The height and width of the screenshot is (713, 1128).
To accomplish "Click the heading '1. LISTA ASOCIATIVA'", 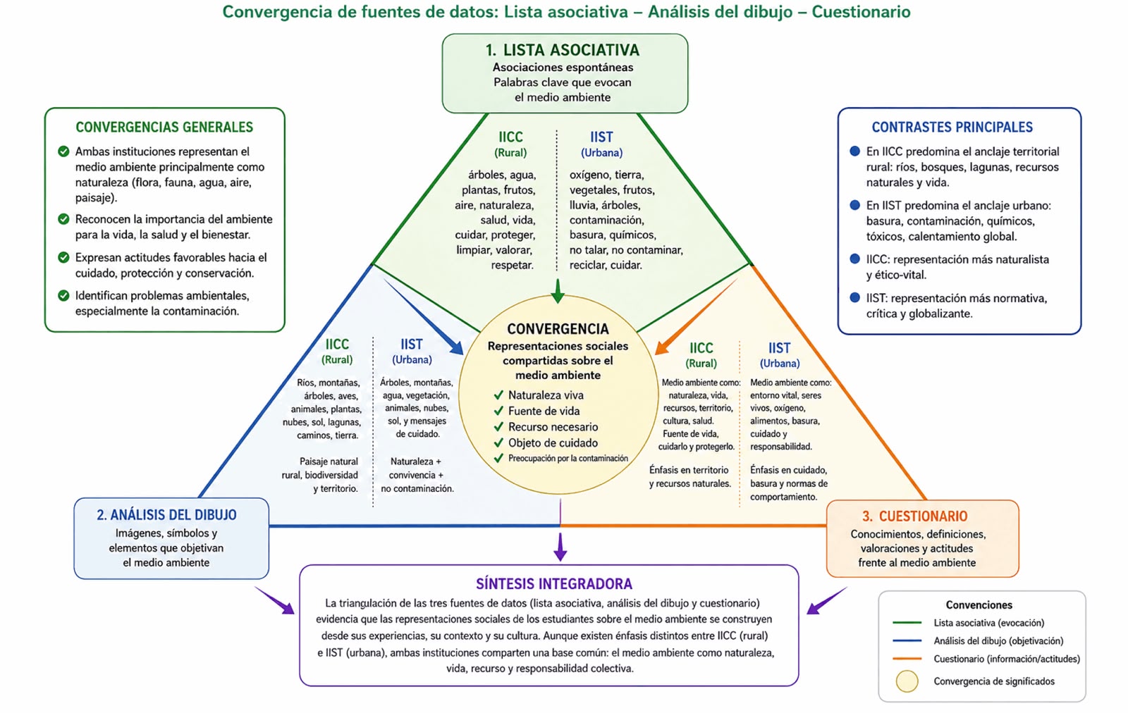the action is tap(562, 50).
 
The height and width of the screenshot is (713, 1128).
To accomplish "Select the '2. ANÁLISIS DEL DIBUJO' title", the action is tap(166, 515).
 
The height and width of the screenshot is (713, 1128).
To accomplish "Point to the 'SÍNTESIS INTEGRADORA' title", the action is tap(554, 583).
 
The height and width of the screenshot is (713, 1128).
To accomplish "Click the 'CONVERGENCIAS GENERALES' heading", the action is tap(164, 127).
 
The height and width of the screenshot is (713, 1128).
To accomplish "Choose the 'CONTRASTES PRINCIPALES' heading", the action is tap(952, 127).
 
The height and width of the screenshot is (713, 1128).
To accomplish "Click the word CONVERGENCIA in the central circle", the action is tap(558, 328).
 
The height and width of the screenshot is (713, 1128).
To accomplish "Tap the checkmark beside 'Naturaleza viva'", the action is tap(498, 395).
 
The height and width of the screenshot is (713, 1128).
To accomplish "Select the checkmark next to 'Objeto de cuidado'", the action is tap(498, 442).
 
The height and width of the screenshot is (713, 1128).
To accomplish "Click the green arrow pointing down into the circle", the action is tap(558, 291).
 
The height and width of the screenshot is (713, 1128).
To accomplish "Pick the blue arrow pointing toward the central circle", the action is tap(424, 317).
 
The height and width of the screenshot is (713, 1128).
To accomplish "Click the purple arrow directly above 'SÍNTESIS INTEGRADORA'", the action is tap(560, 547).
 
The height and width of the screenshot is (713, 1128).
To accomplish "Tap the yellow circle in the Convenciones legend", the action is tap(907, 681).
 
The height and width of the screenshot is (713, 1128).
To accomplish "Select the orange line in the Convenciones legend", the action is tap(907, 659).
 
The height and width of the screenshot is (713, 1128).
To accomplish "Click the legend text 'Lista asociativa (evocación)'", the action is tap(988, 623).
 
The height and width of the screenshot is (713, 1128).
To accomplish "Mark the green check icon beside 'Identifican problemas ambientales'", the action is tap(63, 295).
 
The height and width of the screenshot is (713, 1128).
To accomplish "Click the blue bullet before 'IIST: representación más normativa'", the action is tap(854, 297).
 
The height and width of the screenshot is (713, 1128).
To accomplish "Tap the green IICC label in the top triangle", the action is tap(510, 137).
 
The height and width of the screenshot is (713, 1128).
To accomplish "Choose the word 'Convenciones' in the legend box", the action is tap(979, 604).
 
